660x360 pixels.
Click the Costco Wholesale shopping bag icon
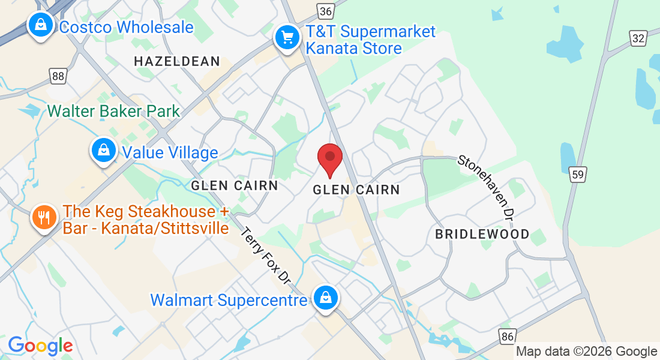click(40, 25)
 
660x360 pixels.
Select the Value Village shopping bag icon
click(104, 150)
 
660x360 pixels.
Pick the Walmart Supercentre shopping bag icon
click(325, 298)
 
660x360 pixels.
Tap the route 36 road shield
click(325, 11)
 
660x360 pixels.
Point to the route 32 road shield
click(638, 38)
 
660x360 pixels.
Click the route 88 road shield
click(58, 76)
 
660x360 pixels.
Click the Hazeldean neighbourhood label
click(177, 61)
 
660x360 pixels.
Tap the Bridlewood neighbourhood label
click(482, 234)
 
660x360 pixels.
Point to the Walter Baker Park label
click(113, 111)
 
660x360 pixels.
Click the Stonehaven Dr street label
click(487, 186)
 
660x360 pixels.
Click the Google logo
click(40, 346)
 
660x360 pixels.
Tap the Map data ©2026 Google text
click(586, 352)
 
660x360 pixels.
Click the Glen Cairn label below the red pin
click(356, 190)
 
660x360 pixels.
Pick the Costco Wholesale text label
click(127, 27)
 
